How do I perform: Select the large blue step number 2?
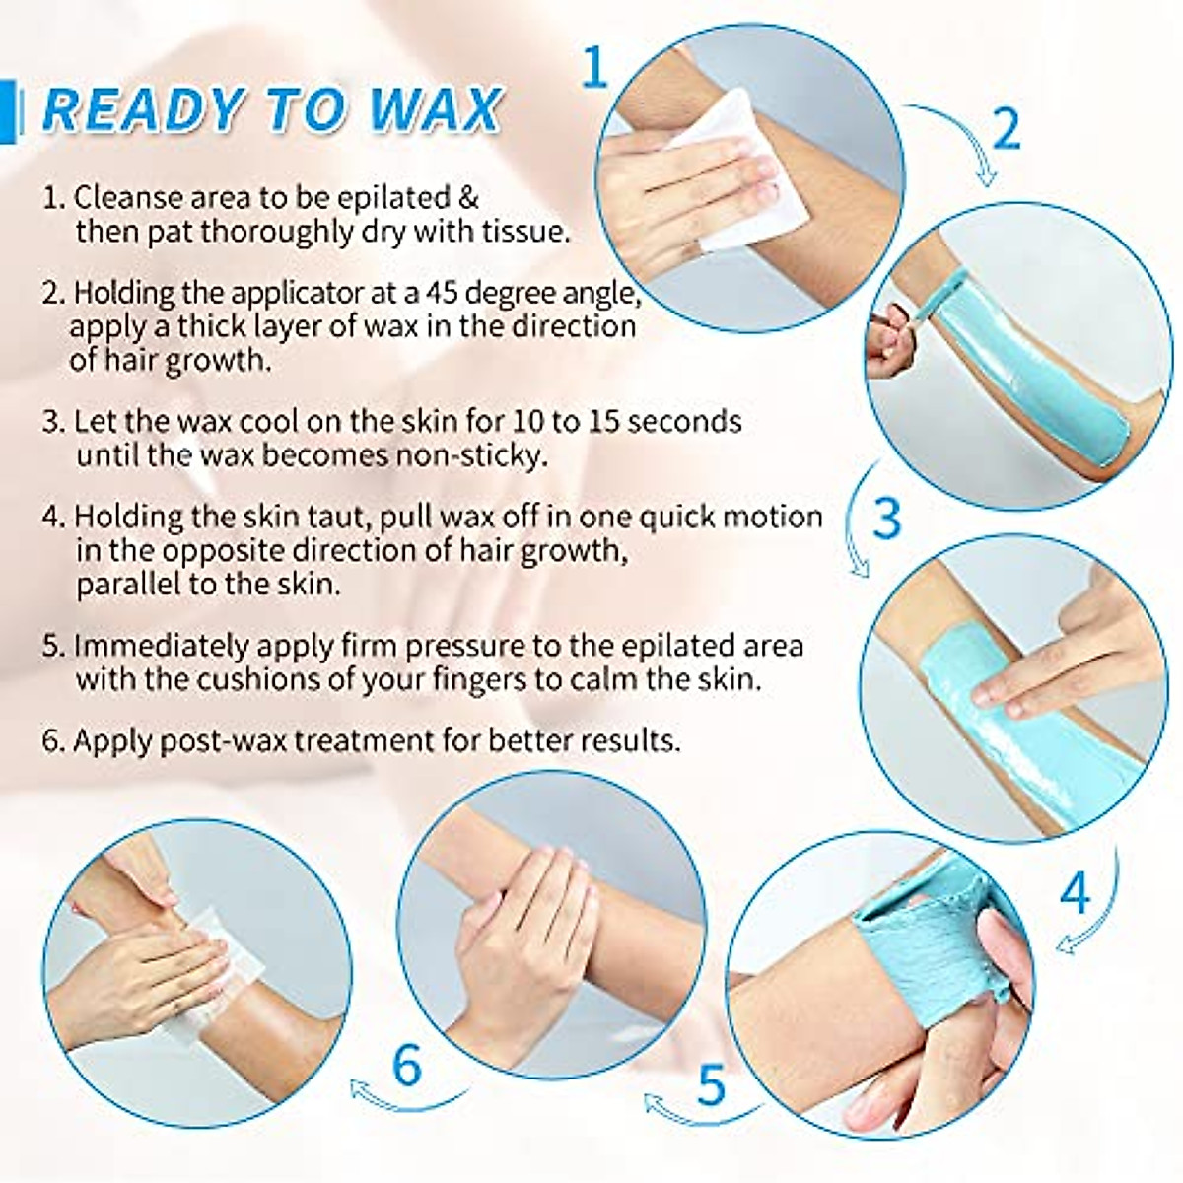[1006, 129]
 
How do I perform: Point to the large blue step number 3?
[886, 519]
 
